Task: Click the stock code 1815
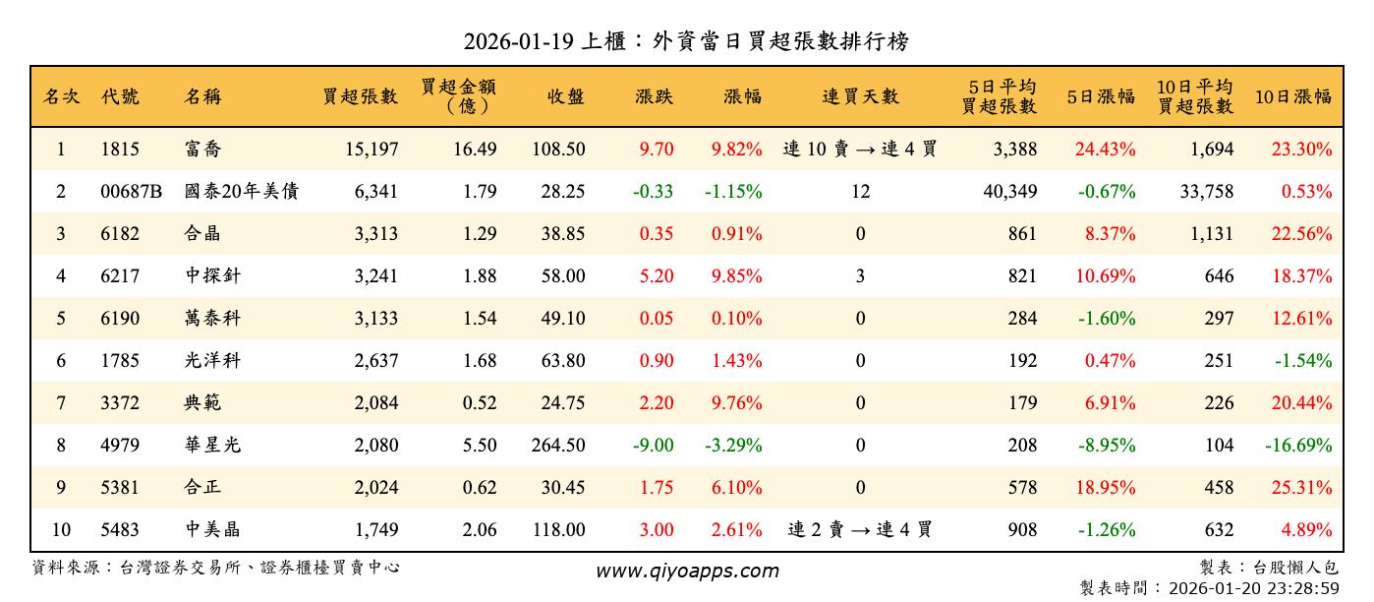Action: (120, 150)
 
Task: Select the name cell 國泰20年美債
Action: (242, 192)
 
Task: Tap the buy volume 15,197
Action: (372, 150)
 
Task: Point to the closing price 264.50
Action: (558, 446)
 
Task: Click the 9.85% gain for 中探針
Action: (735, 276)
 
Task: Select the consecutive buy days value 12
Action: (860, 192)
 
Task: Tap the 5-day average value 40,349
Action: (1009, 192)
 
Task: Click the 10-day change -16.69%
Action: (1298, 446)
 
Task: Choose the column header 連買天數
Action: (860, 96)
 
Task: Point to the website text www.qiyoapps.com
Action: (687, 571)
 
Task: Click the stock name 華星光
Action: (212, 446)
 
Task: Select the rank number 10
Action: (61, 530)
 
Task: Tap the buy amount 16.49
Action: (480, 150)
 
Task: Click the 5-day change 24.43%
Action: (1105, 150)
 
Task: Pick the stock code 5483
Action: (120, 530)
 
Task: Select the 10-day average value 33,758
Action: (1206, 192)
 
